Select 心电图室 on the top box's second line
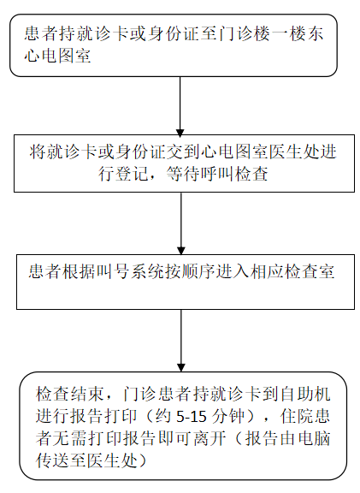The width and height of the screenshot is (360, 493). [x=58, y=56]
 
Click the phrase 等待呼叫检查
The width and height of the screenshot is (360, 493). [x=217, y=173]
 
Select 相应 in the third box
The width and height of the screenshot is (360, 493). [x=267, y=271]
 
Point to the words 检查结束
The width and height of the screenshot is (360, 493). [x=69, y=394]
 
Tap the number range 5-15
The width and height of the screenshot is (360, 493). [x=192, y=417]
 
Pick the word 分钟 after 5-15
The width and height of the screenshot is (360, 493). [x=228, y=416]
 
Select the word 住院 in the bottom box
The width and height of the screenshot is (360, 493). [x=297, y=416]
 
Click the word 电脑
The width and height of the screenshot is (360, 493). [x=314, y=438]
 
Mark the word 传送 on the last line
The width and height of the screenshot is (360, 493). [x=52, y=460]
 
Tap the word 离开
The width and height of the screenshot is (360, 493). [x=210, y=438]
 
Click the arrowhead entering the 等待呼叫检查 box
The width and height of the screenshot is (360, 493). [x=180, y=133]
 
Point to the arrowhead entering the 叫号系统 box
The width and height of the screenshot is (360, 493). [x=181, y=251]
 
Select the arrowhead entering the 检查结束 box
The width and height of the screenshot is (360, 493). [x=181, y=367]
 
